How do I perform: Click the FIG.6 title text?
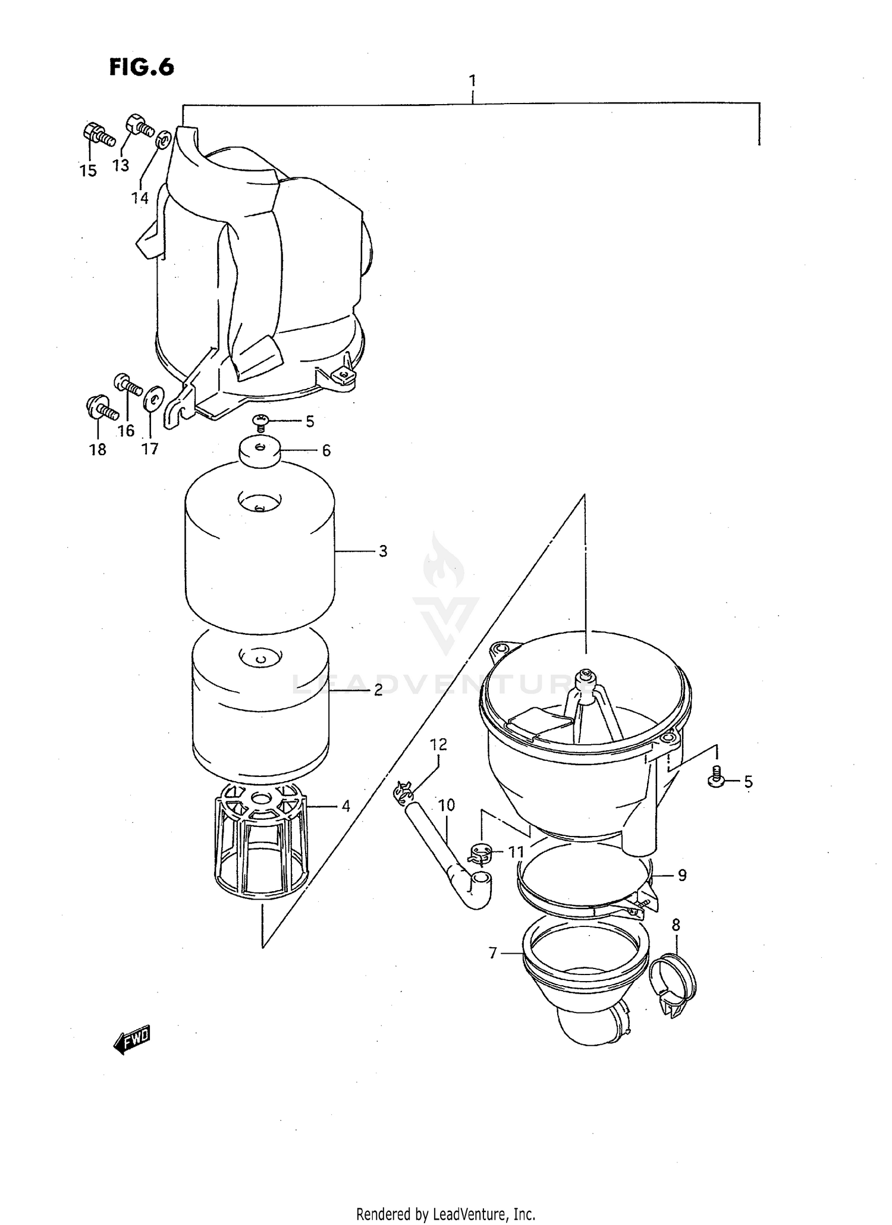[x=142, y=68]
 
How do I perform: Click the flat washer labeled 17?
[x=153, y=397]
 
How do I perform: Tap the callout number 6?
[x=326, y=451]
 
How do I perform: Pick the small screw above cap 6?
[x=260, y=422]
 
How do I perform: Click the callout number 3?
[x=382, y=552]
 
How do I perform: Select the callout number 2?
[x=378, y=691]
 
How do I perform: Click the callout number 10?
[x=447, y=806]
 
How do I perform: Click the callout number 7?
[x=492, y=953]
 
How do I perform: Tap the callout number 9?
[x=681, y=875]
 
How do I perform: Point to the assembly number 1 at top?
[x=472, y=80]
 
